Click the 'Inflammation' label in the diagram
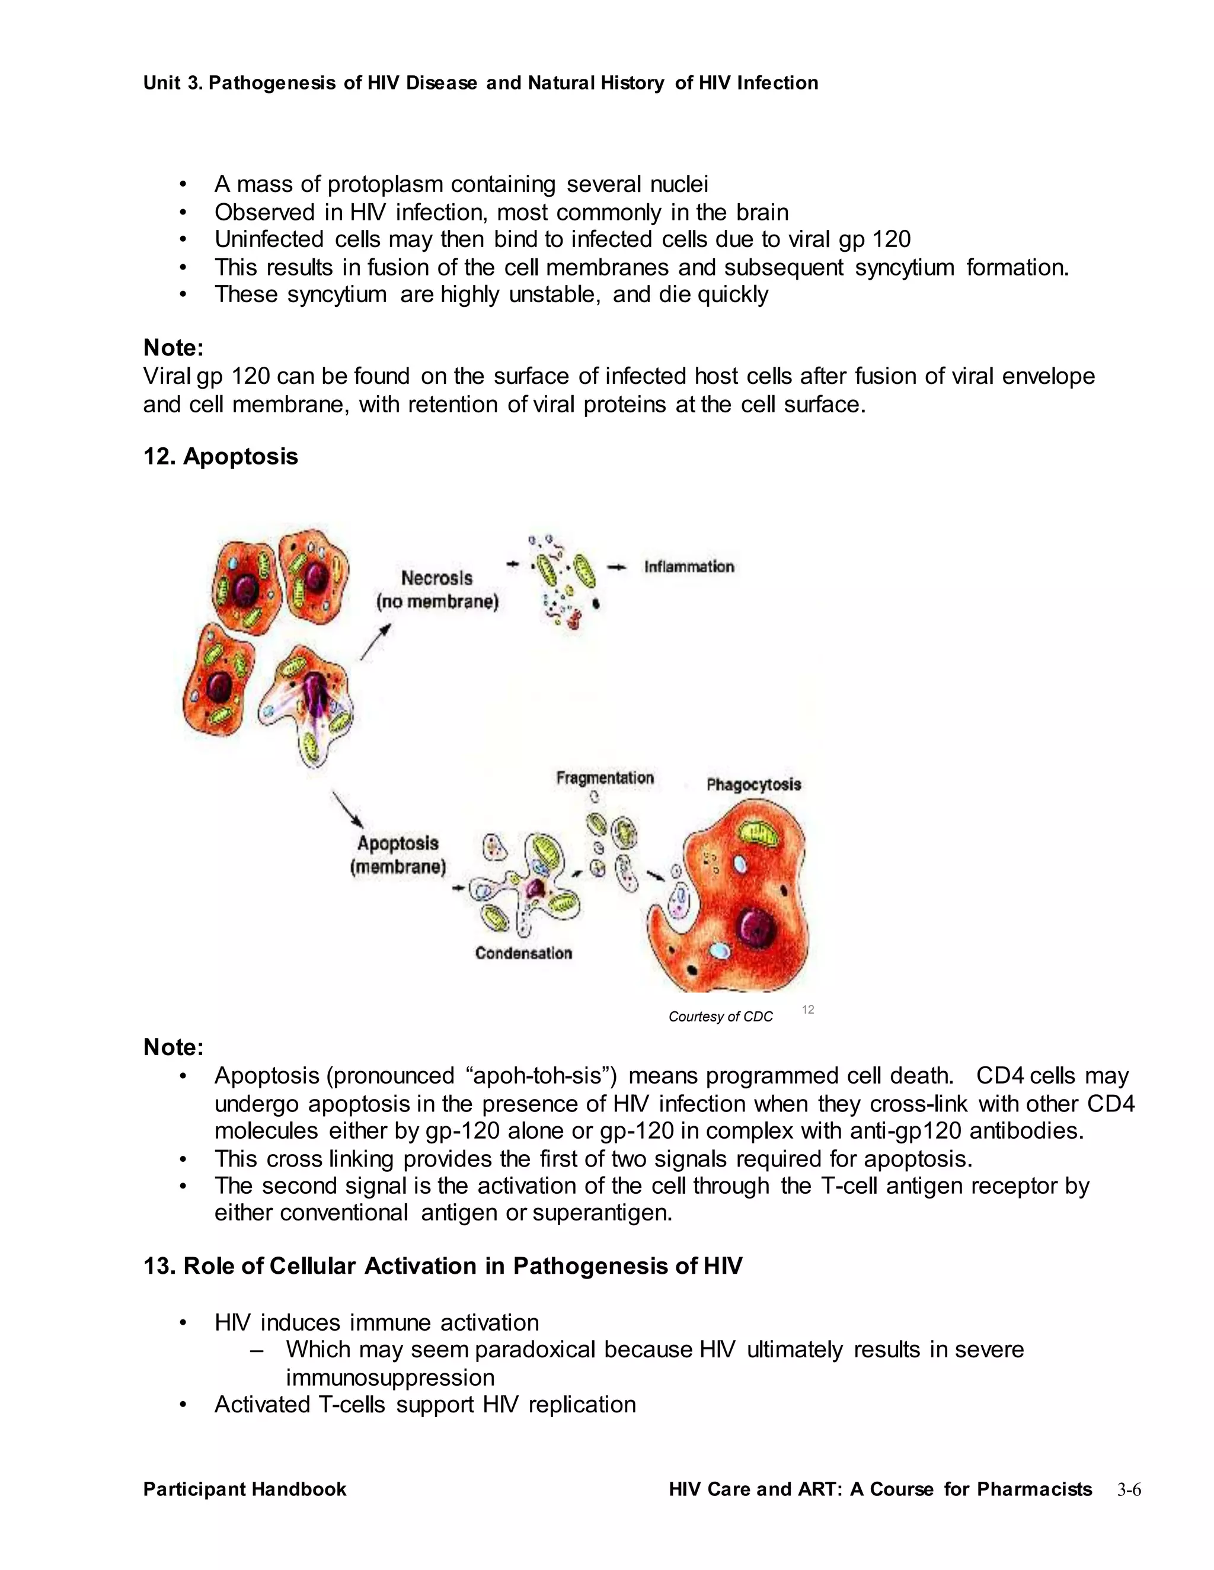point(688,566)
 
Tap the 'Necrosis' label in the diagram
point(436,578)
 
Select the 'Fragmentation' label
point(605,778)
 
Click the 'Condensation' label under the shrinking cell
point(523,953)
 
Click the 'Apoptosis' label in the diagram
point(398,843)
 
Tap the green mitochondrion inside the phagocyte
point(756,833)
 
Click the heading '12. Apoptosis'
point(220,456)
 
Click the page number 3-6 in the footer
point(1129,1490)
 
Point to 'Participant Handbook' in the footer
point(245,1489)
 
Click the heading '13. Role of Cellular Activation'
point(442,1266)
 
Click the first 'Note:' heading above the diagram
point(173,348)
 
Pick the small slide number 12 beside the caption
point(808,1010)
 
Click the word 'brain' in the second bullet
point(762,213)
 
